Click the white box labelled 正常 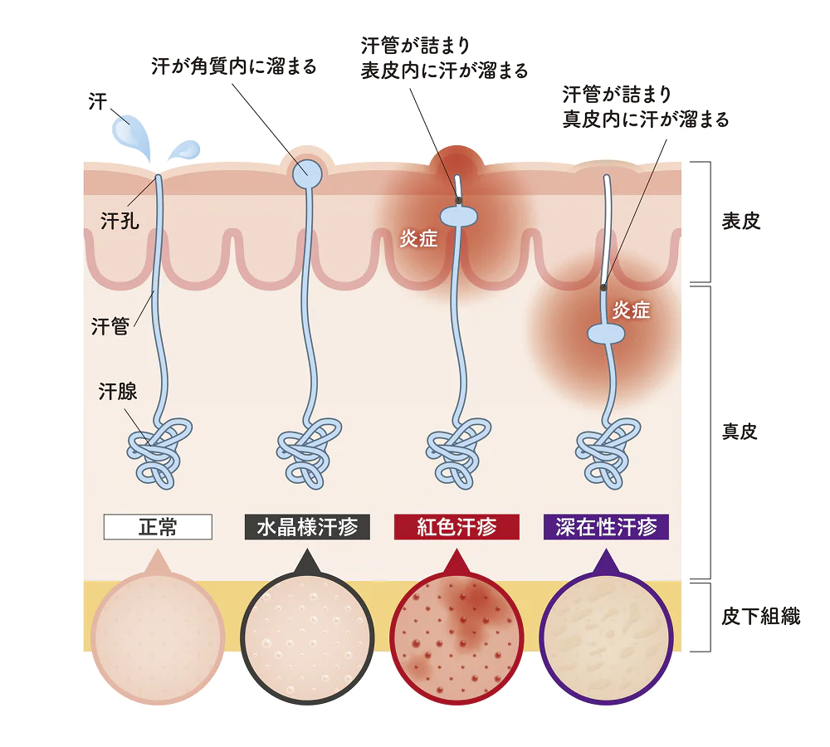pos(158,527)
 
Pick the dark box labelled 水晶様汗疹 pos(307,527)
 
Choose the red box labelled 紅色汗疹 pos(456,527)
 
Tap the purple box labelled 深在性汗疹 pos(606,527)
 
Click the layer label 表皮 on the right pos(740,222)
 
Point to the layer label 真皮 pos(740,432)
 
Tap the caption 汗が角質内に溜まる pos(234,66)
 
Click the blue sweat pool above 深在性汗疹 pos(606,334)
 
